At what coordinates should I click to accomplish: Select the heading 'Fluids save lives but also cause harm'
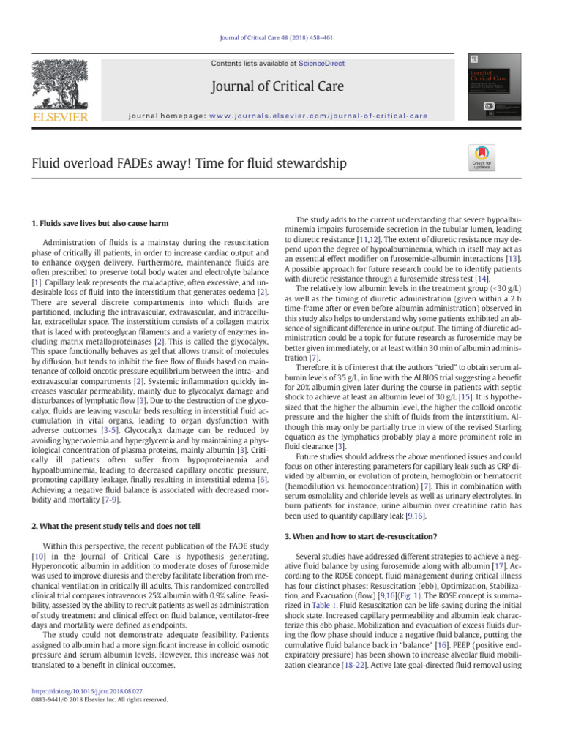97,222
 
